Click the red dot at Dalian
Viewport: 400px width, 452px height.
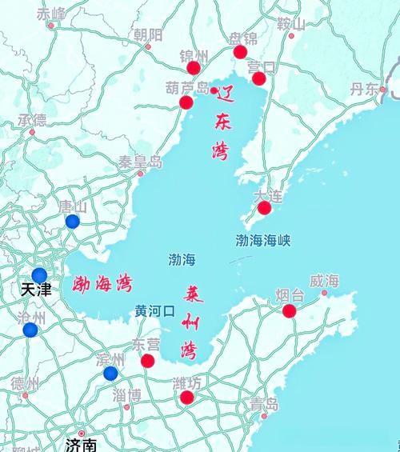pyautogui.click(x=264, y=208)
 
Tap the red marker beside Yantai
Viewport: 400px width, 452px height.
pyautogui.click(x=290, y=311)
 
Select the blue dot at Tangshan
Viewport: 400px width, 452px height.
pyautogui.click(x=73, y=222)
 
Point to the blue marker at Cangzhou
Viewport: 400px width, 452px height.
pyautogui.click(x=30, y=330)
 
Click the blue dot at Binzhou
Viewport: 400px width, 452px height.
pyautogui.click(x=110, y=374)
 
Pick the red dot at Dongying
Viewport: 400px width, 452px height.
pyautogui.click(x=148, y=361)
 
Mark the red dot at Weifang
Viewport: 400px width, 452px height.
pyautogui.click(x=186, y=398)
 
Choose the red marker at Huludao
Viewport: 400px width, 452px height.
pyautogui.click(x=186, y=102)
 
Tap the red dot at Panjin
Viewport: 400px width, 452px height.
pyautogui.click(x=240, y=52)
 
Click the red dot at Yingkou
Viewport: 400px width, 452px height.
pyautogui.click(x=258, y=78)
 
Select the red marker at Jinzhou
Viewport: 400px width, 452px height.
pyautogui.click(x=193, y=67)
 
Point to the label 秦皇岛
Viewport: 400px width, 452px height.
pyautogui.click(x=140, y=162)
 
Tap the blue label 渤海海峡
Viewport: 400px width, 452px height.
pyautogui.click(x=263, y=239)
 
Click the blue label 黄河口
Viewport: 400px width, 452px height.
pyautogui.click(x=154, y=310)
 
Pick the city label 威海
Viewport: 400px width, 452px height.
pyautogui.click(x=324, y=281)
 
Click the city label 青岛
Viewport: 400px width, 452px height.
pyautogui.click(x=263, y=402)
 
